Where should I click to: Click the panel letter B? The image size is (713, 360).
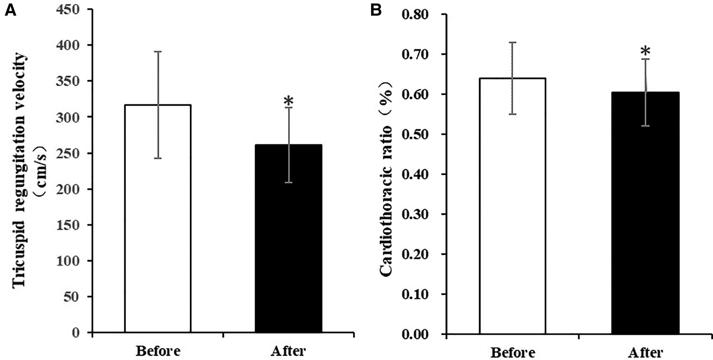coord(375,10)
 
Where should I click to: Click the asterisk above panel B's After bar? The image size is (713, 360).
coord(645,52)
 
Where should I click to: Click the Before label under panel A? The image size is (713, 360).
coord(158,350)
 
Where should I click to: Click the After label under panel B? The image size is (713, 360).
coord(645,351)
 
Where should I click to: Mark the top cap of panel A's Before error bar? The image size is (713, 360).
coord(158,52)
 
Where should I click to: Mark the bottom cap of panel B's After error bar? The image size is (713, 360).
coord(645,126)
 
